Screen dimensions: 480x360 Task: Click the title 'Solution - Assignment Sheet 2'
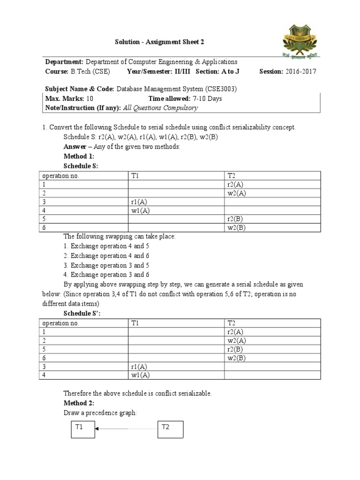(x=159, y=43)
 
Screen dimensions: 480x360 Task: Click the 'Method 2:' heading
(x=79, y=403)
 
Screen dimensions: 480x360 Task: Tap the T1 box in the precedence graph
(x=82, y=428)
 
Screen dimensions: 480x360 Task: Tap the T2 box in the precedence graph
(x=171, y=428)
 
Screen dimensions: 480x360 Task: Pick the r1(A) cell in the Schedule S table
(x=139, y=202)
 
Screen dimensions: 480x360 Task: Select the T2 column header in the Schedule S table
(x=232, y=176)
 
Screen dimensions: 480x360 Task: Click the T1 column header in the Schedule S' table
(x=135, y=323)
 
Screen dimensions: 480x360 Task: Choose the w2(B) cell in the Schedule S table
(x=236, y=228)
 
